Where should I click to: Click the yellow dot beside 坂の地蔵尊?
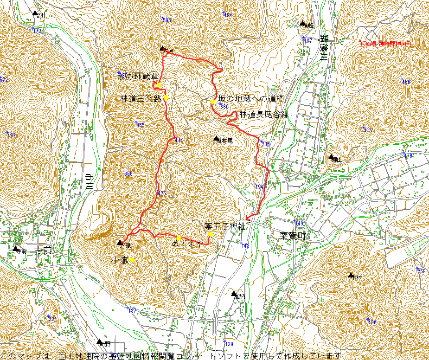pyautogui.click(x=159, y=85)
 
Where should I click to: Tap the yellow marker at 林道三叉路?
pyautogui.click(x=165, y=97)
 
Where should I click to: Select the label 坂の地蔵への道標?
pyautogui.click(x=251, y=99)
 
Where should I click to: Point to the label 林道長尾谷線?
pyautogui.click(x=263, y=115)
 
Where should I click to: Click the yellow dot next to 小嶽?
pyautogui.click(x=132, y=260)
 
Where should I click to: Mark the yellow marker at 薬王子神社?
pyautogui.click(x=210, y=234)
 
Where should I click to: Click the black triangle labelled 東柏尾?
pyautogui.click(x=216, y=138)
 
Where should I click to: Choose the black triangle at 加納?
pyautogui.click(x=234, y=293)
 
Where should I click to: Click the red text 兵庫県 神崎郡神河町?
pyautogui.click(x=386, y=44)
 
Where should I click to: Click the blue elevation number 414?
pyautogui.click(x=179, y=140)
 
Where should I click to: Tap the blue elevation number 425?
pyautogui.click(x=161, y=193)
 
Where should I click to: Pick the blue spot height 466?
pyautogui.click(x=406, y=82)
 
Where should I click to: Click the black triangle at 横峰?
pyautogui.click(x=302, y=23)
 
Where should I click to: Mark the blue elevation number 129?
pyautogui.click(x=229, y=344)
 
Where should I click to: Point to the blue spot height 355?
pyautogui.click(x=140, y=125)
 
